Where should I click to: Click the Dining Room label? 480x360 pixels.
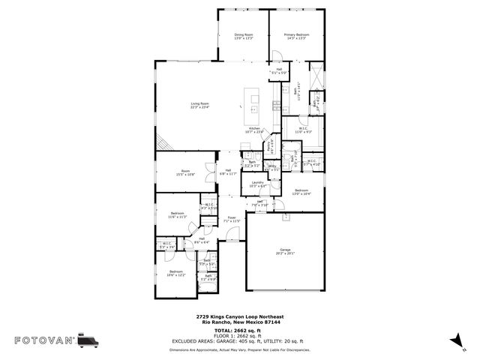pyautogui.click(x=243, y=37)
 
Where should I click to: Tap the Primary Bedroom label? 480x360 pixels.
pyautogui.click(x=297, y=37)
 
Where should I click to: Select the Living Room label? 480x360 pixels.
pyautogui.click(x=199, y=105)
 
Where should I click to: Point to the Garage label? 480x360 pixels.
pyautogui.click(x=284, y=251)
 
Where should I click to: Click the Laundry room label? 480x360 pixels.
pyautogui.click(x=257, y=184)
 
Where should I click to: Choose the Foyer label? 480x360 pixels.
pyautogui.click(x=232, y=220)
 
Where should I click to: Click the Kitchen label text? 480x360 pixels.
pyautogui.click(x=255, y=130)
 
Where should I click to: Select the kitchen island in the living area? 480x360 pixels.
pyautogui.click(x=254, y=101)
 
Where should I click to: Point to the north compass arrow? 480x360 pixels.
pyautogui.click(x=454, y=342)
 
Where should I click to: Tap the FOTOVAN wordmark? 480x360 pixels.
pyautogui.click(x=44, y=340)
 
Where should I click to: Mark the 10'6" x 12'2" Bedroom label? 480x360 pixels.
pyautogui.click(x=176, y=273)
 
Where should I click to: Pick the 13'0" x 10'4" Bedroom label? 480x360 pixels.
pyautogui.click(x=301, y=193)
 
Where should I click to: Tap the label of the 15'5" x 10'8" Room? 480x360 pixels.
pyautogui.click(x=185, y=172)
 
